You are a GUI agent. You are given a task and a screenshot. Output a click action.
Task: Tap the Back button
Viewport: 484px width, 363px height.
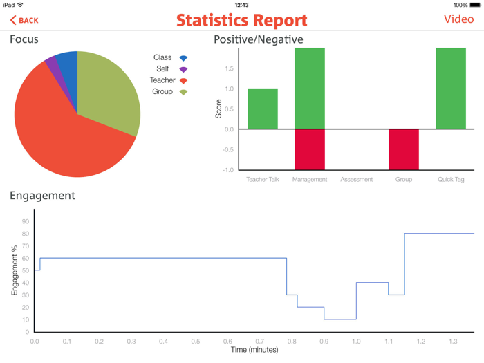(x=24, y=21)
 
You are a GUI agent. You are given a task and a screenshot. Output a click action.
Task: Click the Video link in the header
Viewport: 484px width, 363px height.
(x=458, y=19)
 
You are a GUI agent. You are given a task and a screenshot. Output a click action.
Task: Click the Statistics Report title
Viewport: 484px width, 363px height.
(x=241, y=20)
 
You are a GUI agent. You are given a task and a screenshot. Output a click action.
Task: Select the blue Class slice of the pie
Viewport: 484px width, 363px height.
(x=67, y=63)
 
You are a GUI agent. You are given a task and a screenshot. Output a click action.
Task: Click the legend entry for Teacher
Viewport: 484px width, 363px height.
(x=169, y=81)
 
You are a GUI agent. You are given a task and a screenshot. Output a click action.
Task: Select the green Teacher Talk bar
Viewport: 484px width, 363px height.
(x=263, y=109)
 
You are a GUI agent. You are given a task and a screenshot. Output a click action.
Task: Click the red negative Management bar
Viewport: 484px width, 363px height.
(x=310, y=149)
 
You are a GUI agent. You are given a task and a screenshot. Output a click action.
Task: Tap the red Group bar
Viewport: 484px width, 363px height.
(x=404, y=149)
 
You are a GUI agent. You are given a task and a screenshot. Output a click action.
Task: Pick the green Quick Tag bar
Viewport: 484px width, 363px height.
(x=451, y=89)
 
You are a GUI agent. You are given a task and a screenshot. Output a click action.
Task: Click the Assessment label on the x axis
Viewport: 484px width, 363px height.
(x=357, y=180)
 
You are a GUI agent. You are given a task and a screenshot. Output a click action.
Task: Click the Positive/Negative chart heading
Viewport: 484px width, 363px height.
(x=259, y=39)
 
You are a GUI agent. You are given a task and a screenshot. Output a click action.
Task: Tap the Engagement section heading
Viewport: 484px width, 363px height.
(x=42, y=196)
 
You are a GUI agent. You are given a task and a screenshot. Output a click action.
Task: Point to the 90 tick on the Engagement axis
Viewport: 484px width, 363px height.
(x=26, y=222)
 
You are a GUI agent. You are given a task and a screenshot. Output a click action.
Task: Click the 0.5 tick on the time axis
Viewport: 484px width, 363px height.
(x=196, y=342)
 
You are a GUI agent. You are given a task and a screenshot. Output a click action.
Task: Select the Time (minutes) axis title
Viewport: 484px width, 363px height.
(x=254, y=351)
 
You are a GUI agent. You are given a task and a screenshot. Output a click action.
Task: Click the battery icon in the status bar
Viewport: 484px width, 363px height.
(x=476, y=5)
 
